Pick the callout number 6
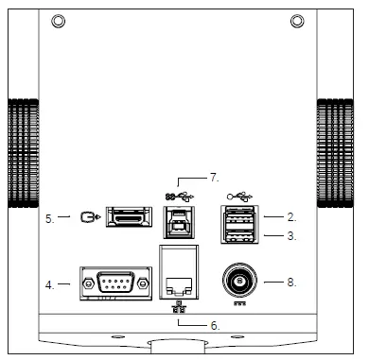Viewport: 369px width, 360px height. point(215,324)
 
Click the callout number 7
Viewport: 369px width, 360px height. point(214,177)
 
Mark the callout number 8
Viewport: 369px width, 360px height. point(293,281)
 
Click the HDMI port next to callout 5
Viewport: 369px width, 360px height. point(132,218)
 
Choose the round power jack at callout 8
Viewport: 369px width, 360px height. point(237,280)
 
